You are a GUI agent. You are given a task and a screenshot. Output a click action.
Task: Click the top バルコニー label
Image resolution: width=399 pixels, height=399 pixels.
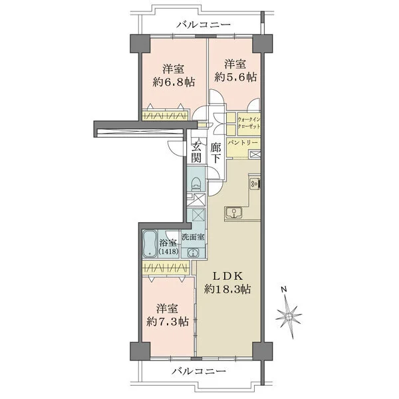point(204,25)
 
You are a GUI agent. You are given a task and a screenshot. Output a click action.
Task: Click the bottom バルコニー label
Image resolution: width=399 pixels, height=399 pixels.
point(198,371)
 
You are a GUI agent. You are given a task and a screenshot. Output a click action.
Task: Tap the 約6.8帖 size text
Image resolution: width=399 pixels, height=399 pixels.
point(174,82)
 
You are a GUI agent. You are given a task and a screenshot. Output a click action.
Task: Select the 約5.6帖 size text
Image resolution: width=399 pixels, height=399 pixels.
point(235,77)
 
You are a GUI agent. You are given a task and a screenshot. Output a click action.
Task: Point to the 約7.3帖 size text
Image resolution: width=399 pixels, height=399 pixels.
point(168,322)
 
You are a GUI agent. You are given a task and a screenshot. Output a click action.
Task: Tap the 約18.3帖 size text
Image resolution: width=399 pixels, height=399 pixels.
point(227,289)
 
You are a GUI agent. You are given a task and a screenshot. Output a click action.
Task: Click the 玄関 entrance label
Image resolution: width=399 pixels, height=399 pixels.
point(196,152)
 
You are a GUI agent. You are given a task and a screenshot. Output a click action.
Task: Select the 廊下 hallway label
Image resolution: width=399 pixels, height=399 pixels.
point(215,153)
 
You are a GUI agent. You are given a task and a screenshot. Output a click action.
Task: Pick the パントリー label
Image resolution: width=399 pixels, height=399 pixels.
point(243,142)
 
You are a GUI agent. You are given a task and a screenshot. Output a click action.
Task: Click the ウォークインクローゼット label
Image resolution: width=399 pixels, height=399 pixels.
point(249,123)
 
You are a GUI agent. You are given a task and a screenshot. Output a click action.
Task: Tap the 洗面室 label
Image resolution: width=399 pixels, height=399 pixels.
point(193,237)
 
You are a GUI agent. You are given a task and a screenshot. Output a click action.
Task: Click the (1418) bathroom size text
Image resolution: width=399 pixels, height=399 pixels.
point(168,251)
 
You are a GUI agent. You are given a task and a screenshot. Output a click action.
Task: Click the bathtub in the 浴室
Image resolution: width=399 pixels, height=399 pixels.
point(150,244)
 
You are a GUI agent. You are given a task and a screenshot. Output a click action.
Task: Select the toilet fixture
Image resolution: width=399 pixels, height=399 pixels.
point(196,184)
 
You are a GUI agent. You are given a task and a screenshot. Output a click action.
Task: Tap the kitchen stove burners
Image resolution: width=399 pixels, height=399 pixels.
point(255,184)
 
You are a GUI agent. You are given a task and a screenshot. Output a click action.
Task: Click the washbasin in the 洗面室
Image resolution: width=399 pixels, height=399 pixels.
point(193,253)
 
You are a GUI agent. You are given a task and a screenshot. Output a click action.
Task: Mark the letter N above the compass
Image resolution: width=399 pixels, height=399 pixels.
point(284,289)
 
